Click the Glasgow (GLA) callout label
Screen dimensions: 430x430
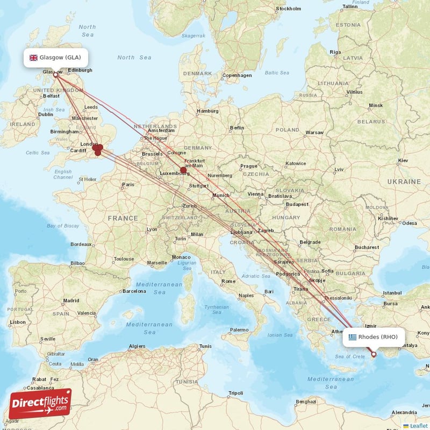tap(55, 58)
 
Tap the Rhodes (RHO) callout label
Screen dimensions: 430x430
tap(374, 337)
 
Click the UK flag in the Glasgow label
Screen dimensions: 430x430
tap(33, 58)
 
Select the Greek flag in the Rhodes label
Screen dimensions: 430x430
tap(353, 337)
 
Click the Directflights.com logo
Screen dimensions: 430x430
tap(40, 404)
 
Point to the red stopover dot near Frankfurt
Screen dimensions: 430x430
tap(183, 170)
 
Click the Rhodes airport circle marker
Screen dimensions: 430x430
tap(374, 354)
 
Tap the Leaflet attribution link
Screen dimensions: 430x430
tap(419, 426)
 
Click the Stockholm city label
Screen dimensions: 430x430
tap(288, 9)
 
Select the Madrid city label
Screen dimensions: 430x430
tap(71, 300)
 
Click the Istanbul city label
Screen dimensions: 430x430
tap(392, 293)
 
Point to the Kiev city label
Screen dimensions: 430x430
tap(403, 161)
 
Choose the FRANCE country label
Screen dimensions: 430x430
tap(123, 218)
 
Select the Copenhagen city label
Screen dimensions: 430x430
tap(236, 75)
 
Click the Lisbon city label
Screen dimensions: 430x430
tap(17, 322)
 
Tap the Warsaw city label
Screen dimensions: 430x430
tap(314, 132)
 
